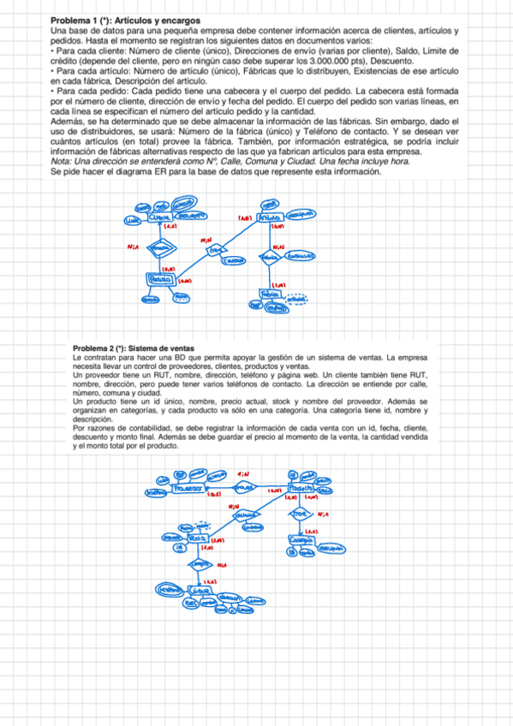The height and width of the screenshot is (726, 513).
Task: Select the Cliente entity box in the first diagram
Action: coord(159,217)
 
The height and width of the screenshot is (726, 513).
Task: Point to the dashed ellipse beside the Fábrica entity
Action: coord(296,298)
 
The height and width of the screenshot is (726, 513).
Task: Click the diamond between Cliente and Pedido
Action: coord(158,249)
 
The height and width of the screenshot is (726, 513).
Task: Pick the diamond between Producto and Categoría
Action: coord(301,514)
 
